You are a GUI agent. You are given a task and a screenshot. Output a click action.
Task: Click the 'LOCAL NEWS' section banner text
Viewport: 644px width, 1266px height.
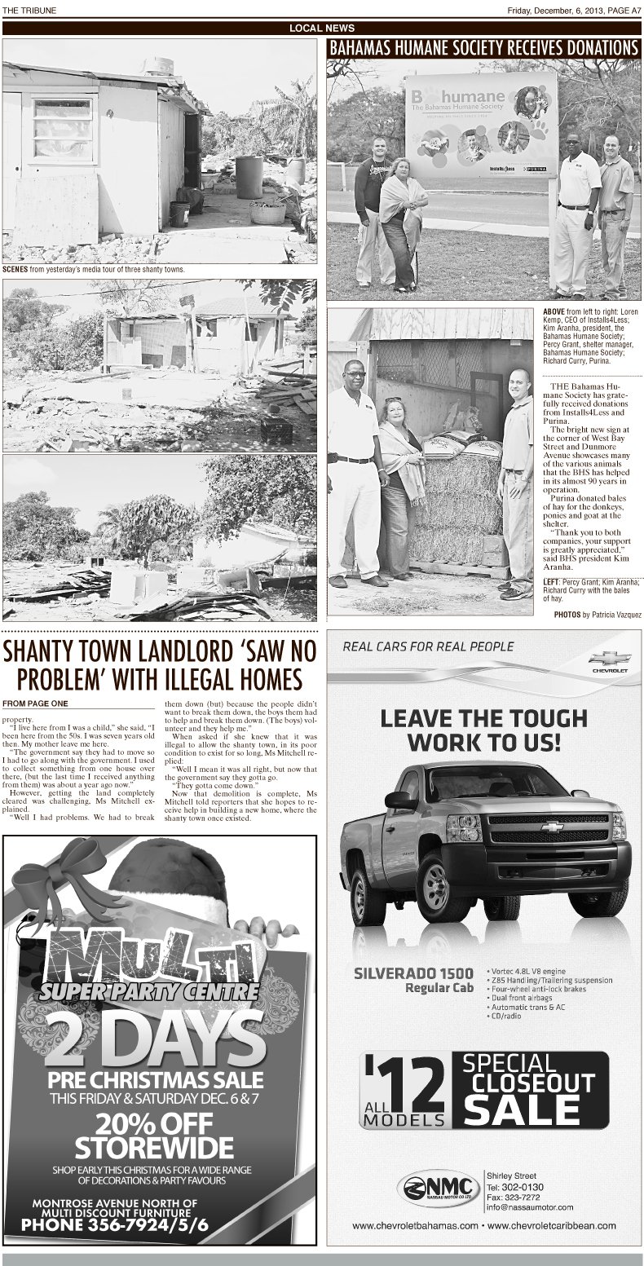pos(321,29)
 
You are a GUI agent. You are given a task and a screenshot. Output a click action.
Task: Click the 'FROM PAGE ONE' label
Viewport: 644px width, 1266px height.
pos(36,703)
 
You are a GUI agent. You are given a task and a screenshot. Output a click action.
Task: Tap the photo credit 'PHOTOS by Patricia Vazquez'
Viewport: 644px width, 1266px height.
pos(597,614)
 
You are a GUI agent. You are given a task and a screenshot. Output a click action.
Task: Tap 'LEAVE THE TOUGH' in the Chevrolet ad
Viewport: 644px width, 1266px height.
pos(483,718)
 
